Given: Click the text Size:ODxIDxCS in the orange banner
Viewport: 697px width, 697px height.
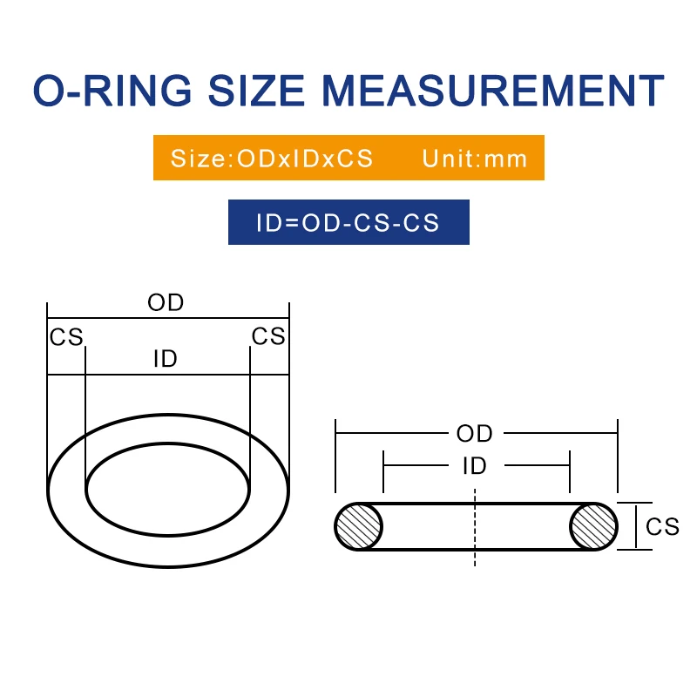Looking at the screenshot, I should click(x=272, y=159).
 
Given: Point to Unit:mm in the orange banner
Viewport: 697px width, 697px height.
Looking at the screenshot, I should click(x=475, y=159).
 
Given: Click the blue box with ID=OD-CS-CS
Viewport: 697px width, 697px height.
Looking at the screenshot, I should click(x=348, y=222).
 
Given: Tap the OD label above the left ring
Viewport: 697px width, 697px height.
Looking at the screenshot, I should click(x=166, y=303).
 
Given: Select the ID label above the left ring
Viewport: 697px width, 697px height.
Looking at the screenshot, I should click(x=166, y=358).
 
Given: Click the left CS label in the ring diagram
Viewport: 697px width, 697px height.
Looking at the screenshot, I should click(x=66, y=337).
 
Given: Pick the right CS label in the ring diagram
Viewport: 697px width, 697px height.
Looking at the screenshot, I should click(x=268, y=337).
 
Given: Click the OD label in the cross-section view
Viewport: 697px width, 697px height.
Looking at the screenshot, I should click(x=475, y=433).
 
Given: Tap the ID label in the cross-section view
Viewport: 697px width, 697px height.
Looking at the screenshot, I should click(x=475, y=466).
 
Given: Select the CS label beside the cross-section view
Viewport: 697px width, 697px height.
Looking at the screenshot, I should click(x=662, y=526).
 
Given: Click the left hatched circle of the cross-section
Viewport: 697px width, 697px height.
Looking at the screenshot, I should click(x=359, y=526).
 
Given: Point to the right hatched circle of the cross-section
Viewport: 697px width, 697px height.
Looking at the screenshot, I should click(x=593, y=526).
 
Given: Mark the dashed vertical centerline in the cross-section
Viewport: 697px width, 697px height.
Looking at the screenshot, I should click(x=475, y=540).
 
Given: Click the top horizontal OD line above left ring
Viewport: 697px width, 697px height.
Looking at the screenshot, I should click(x=105, y=319).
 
